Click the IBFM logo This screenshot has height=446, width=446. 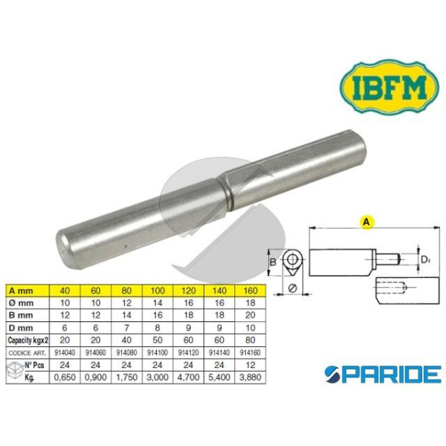click(390, 86)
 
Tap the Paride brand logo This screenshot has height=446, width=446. click(384, 374)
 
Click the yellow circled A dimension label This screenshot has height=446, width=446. click(366, 222)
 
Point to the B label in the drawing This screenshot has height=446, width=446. click(273, 262)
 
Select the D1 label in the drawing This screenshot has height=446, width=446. click(425, 259)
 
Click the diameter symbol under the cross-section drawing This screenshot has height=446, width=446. click(292, 288)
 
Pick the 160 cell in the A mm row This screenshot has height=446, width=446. click(251, 291)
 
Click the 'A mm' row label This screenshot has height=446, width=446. click(21, 291)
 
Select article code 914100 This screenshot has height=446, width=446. click(158, 352)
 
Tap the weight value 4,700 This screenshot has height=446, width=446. click(188, 378)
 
